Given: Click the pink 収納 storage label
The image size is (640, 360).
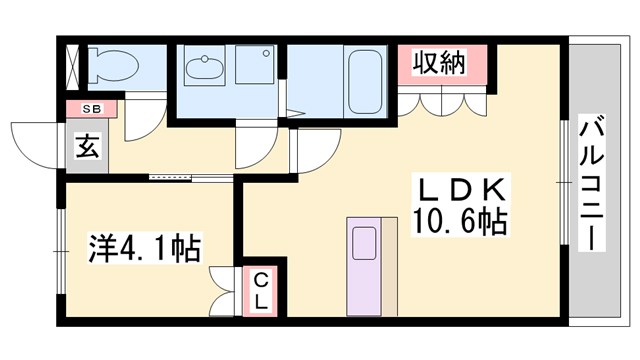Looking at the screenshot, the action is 439,65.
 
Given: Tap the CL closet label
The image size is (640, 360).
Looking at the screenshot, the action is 259,289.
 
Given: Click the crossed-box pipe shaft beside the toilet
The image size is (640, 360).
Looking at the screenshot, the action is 72,65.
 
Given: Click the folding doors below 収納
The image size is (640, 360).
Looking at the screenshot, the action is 440,103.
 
